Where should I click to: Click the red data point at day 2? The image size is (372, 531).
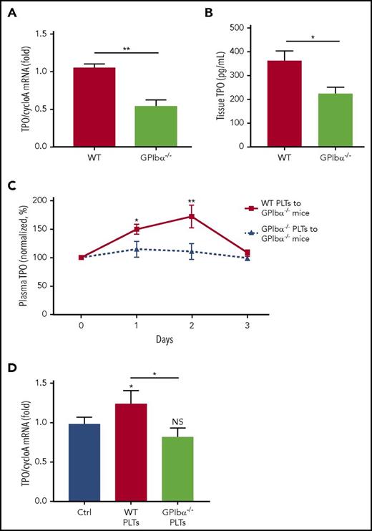coord(191,216)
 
